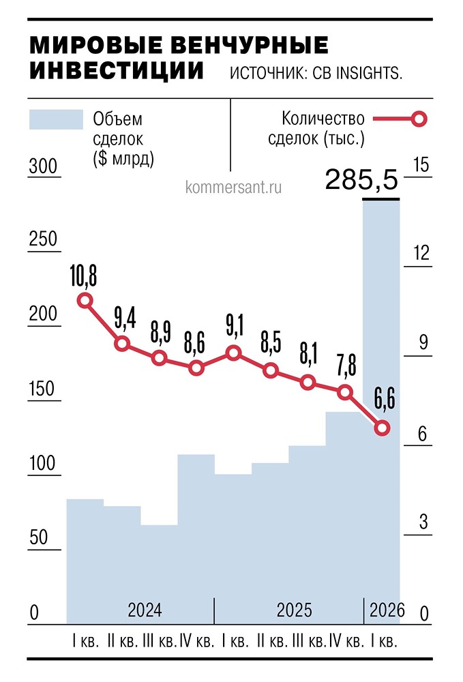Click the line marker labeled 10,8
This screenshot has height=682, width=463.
tap(85, 300)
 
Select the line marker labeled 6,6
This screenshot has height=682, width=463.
tap(383, 428)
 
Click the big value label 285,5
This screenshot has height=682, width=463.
tap(361, 180)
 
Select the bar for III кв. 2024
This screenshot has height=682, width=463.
tap(159, 573)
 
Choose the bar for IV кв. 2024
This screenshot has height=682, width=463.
tap(196, 539)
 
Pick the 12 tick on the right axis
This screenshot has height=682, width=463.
tap(421, 254)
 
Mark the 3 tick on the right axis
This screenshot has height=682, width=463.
tap(421, 522)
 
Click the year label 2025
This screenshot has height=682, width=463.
tap(294, 610)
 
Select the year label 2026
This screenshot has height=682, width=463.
tap(387, 610)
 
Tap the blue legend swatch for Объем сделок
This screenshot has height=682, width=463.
tap(55, 119)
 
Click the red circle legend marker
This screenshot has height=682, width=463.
tap(419, 119)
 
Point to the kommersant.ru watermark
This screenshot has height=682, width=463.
tap(233, 186)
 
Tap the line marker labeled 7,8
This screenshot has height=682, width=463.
tap(345, 392)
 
